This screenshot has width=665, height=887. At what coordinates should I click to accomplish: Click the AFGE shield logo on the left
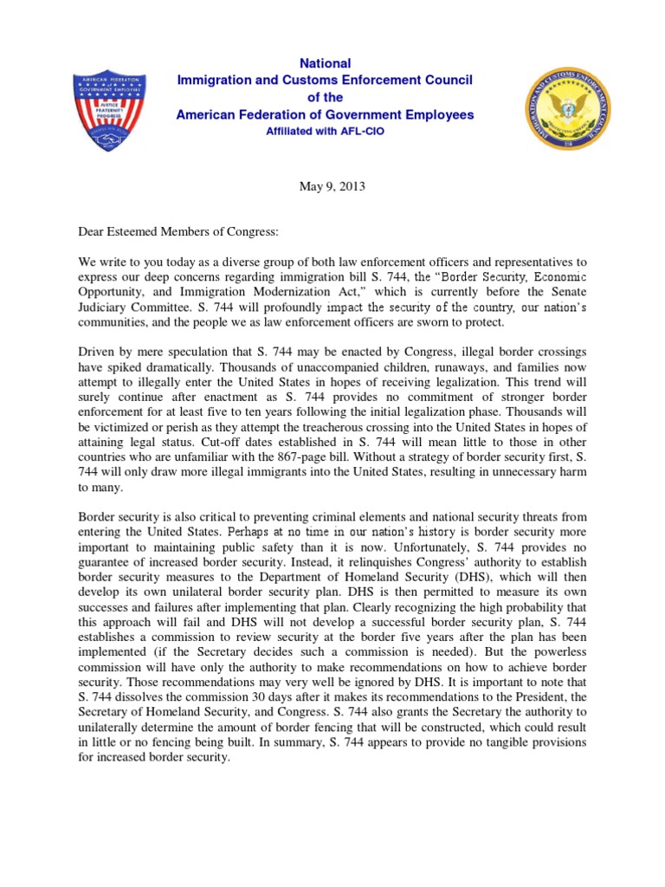pyautogui.click(x=110, y=109)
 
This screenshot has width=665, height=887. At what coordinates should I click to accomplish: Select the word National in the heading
pyautogui.click(x=325, y=63)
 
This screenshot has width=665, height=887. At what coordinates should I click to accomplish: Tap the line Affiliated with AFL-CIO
pyautogui.click(x=325, y=132)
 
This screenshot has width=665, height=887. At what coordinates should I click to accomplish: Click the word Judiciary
pyautogui.click(x=107, y=308)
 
